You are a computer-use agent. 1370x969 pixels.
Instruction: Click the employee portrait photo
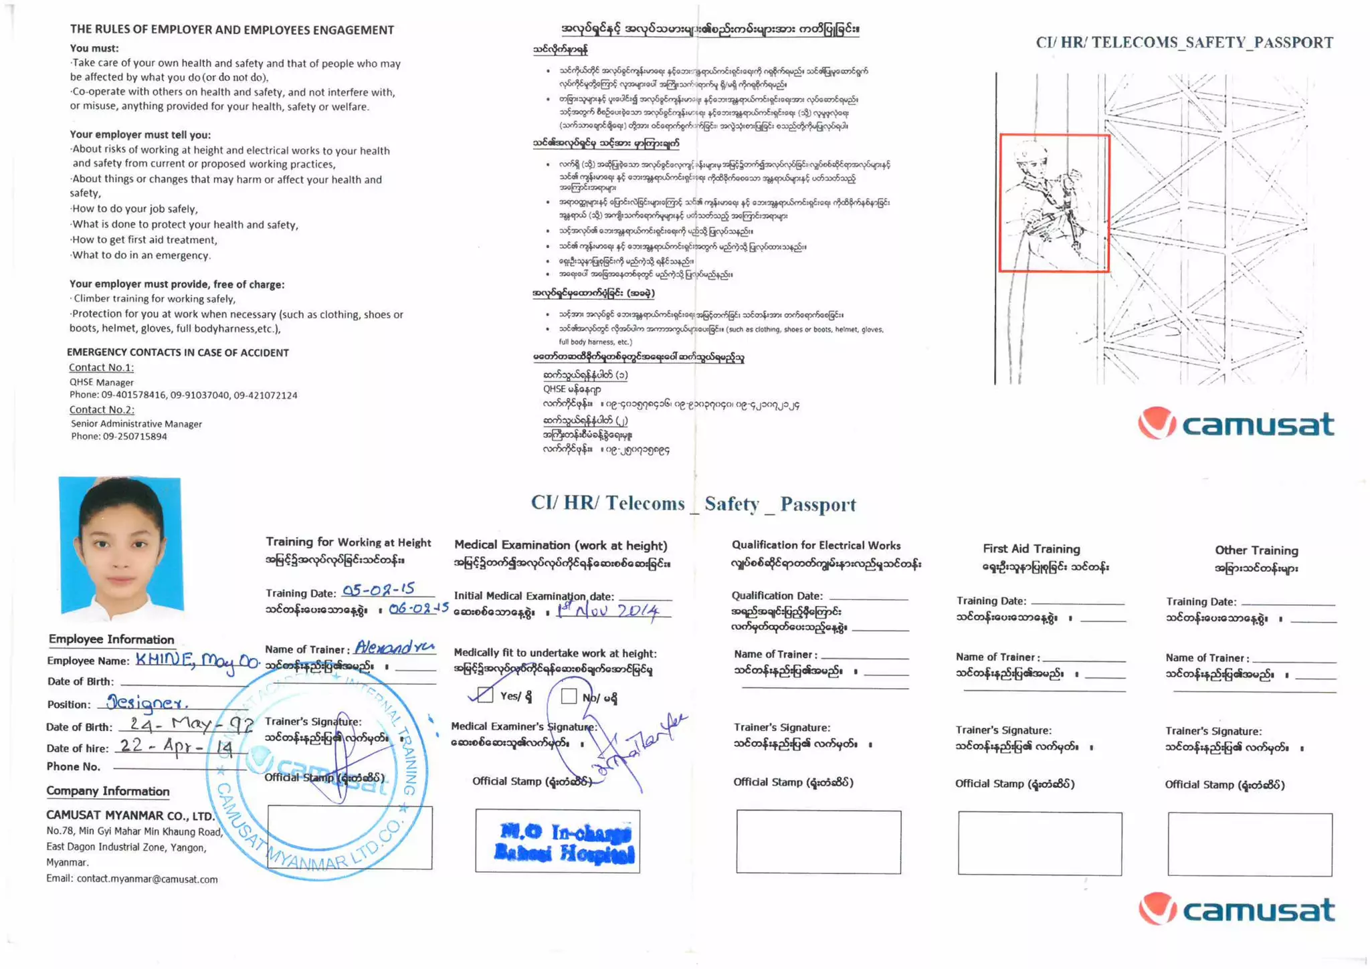(x=120, y=545)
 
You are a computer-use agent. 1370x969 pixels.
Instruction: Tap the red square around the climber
(x=1054, y=203)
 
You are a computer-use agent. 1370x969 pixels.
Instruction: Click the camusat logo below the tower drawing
(x=1236, y=424)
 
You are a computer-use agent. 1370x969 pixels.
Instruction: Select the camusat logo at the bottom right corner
(x=1236, y=909)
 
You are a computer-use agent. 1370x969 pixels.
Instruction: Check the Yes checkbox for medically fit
(x=486, y=695)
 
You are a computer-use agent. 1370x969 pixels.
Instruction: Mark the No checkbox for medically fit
(x=568, y=696)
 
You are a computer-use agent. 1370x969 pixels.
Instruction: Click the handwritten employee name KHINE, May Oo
(x=196, y=660)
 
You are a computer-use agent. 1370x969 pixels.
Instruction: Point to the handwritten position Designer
(x=147, y=703)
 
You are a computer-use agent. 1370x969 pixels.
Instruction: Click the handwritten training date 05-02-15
(x=379, y=589)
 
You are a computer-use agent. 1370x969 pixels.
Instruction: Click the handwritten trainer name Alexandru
(x=394, y=647)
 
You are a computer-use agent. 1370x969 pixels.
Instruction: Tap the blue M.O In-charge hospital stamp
(x=559, y=841)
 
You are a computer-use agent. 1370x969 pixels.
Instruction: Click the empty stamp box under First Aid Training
(x=1040, y=843)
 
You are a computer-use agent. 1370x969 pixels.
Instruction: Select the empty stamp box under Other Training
(x=1249, y=844)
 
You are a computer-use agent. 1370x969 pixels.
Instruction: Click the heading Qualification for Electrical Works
(x=815, y=545)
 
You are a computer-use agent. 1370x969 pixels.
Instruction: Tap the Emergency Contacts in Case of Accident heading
(x=178, y=352)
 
